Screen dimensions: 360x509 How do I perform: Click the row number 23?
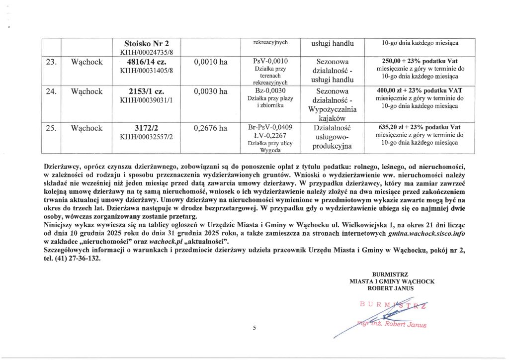(x=51, y=63)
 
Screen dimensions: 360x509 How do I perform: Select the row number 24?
(x=51, y=92)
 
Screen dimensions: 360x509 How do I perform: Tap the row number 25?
(x=51, y=128)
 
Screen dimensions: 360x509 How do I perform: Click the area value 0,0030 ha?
(x=211, y=92)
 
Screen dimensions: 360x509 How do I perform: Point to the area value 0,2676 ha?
(x=211, y=128)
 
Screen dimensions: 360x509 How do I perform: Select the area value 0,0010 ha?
(x=211, y=63)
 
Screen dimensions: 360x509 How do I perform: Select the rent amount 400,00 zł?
(x=393, y=91)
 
